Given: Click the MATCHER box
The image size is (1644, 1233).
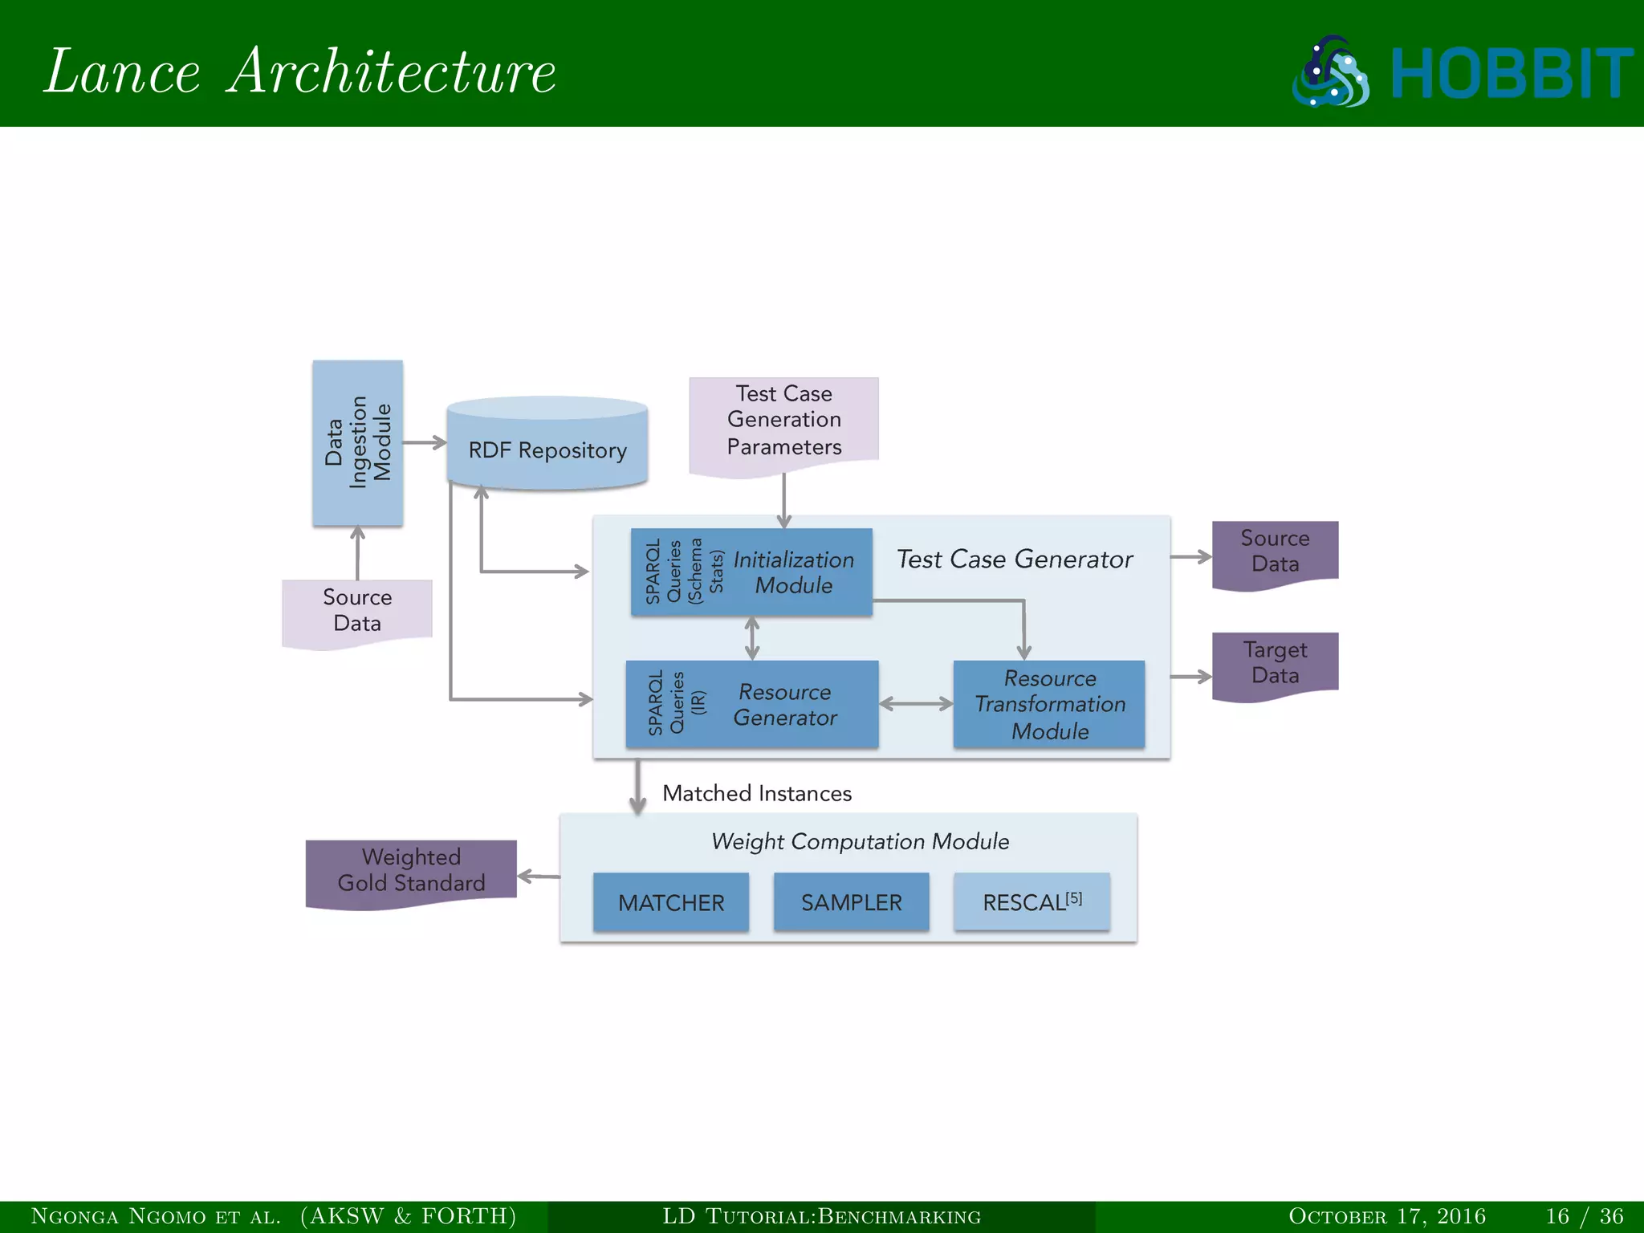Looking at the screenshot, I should point(670,902).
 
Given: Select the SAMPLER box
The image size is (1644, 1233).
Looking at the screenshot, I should point(851,902).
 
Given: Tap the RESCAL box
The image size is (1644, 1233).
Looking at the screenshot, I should point(1032,902).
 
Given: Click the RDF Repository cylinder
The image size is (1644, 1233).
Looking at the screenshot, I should point(547,450).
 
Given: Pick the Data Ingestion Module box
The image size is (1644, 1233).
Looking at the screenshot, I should point(357,443).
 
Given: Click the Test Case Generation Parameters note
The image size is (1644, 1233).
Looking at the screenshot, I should point(783,421).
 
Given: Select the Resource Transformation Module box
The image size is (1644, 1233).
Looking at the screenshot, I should point(1049,704).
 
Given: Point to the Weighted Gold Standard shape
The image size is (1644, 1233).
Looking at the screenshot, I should point(411,871).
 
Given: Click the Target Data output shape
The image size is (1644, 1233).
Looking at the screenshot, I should point(1275,663).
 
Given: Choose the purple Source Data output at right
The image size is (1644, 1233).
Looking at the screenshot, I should point(1275,551).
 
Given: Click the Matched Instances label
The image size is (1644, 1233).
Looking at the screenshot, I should point(756,793).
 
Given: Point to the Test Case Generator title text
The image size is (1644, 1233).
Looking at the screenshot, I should point(1015,559).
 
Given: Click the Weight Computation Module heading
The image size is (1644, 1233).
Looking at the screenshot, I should point(860,841).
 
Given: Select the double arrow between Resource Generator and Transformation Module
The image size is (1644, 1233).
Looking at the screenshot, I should point(916,704).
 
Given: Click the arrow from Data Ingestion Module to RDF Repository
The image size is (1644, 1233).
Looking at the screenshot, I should point(425,442).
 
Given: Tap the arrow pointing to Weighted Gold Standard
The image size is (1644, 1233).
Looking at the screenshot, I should point(539,876).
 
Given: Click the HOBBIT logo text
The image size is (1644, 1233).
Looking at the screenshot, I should point(1511,74).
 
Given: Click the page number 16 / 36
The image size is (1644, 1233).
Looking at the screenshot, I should point(1585,1216).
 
